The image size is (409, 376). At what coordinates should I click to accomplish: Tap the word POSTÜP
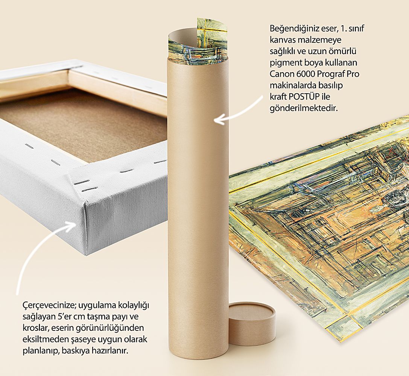click(x=304, y=97)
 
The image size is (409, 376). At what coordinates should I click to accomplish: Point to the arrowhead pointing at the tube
click(x=219, y=120)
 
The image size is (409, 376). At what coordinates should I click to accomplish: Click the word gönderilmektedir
click(x=304, y=108)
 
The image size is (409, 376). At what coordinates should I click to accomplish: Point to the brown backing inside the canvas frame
click(x=86, y=125)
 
